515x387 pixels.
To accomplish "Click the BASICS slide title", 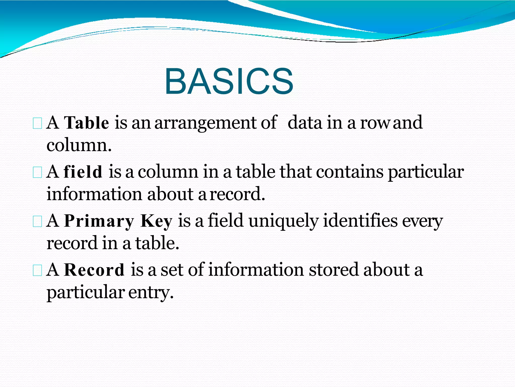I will click(229, 81).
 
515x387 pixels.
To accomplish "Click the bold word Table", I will click(87, 123).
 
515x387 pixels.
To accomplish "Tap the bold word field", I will click(83, 172).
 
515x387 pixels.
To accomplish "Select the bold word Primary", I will click(99, 221).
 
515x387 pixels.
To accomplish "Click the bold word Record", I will click(94, 270).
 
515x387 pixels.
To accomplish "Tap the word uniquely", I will click(283, 221).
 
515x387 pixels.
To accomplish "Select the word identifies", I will click(360, 221).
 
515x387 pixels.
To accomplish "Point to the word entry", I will click(151, 293).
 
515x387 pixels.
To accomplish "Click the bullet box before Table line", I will click(37, 124).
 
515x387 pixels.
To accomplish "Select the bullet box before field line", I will click(37, 173).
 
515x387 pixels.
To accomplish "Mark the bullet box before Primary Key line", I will click(37, 222).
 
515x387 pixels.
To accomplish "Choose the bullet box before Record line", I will click(37, 271).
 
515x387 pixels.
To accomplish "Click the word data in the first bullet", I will click(305, 123).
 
